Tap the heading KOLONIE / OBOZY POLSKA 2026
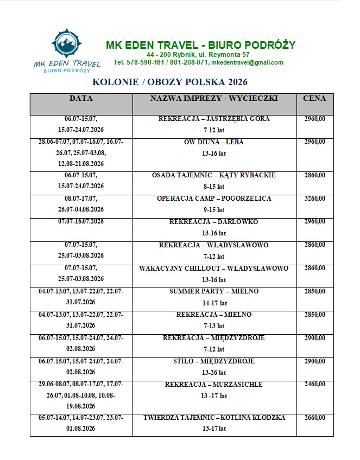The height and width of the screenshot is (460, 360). point(170,82)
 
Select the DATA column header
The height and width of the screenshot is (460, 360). point(81,99)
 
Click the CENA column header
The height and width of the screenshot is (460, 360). point(315,99)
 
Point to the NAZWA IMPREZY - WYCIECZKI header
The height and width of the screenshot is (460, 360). point(214,99)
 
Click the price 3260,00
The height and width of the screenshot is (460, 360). point(315,199)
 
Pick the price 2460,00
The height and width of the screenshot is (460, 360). point(315,385)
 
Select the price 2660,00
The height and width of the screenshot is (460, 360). point(315,418)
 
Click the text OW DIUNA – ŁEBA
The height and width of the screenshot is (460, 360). point(214,142)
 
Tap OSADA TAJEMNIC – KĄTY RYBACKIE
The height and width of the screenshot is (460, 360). point(214,175)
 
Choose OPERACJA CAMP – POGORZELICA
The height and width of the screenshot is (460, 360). point(214,199)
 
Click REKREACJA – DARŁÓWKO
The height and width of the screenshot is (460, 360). point(214,222)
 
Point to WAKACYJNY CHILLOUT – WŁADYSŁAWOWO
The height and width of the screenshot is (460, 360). point(214,269)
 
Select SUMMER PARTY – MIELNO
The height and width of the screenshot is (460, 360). point(214,291)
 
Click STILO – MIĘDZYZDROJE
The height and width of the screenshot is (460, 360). point(214,361)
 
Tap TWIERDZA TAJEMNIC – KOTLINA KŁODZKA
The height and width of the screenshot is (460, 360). point(214,418)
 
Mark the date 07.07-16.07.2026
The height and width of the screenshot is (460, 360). point(81,222)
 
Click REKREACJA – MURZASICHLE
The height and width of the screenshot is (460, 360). point(214,385)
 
